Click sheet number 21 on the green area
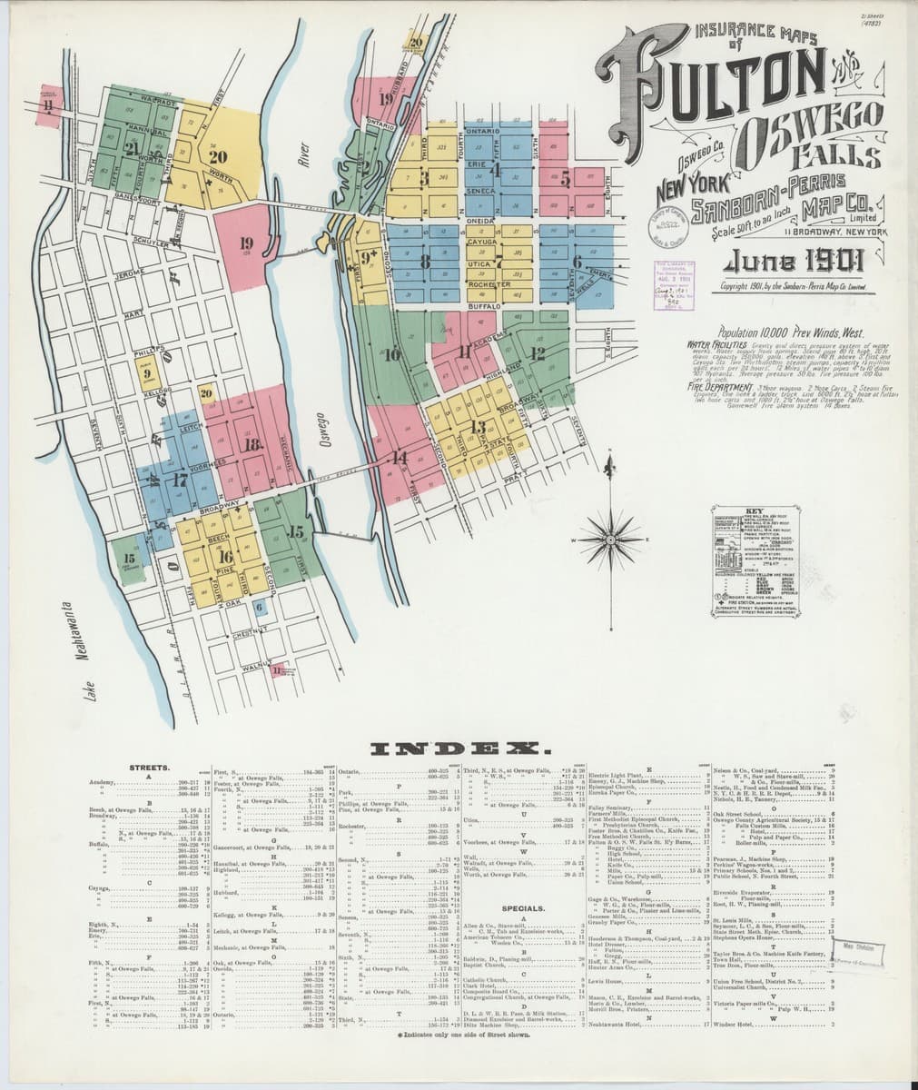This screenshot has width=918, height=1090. point(133,151)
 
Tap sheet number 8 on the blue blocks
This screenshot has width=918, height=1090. point(425,261)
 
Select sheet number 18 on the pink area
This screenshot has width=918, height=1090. point(252,444)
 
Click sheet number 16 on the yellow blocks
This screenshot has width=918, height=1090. point(225,557)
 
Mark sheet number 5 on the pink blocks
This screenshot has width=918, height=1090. point(565,179)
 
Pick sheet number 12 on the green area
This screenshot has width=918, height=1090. point(538,352)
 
